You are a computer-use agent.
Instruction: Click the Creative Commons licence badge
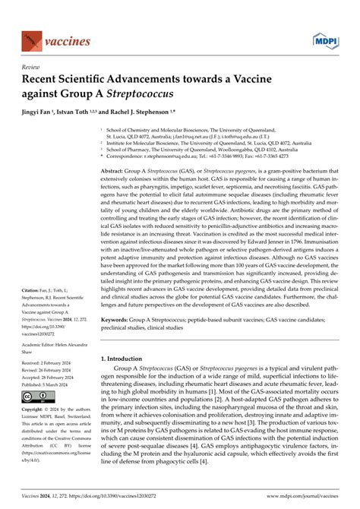coord(38,397)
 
